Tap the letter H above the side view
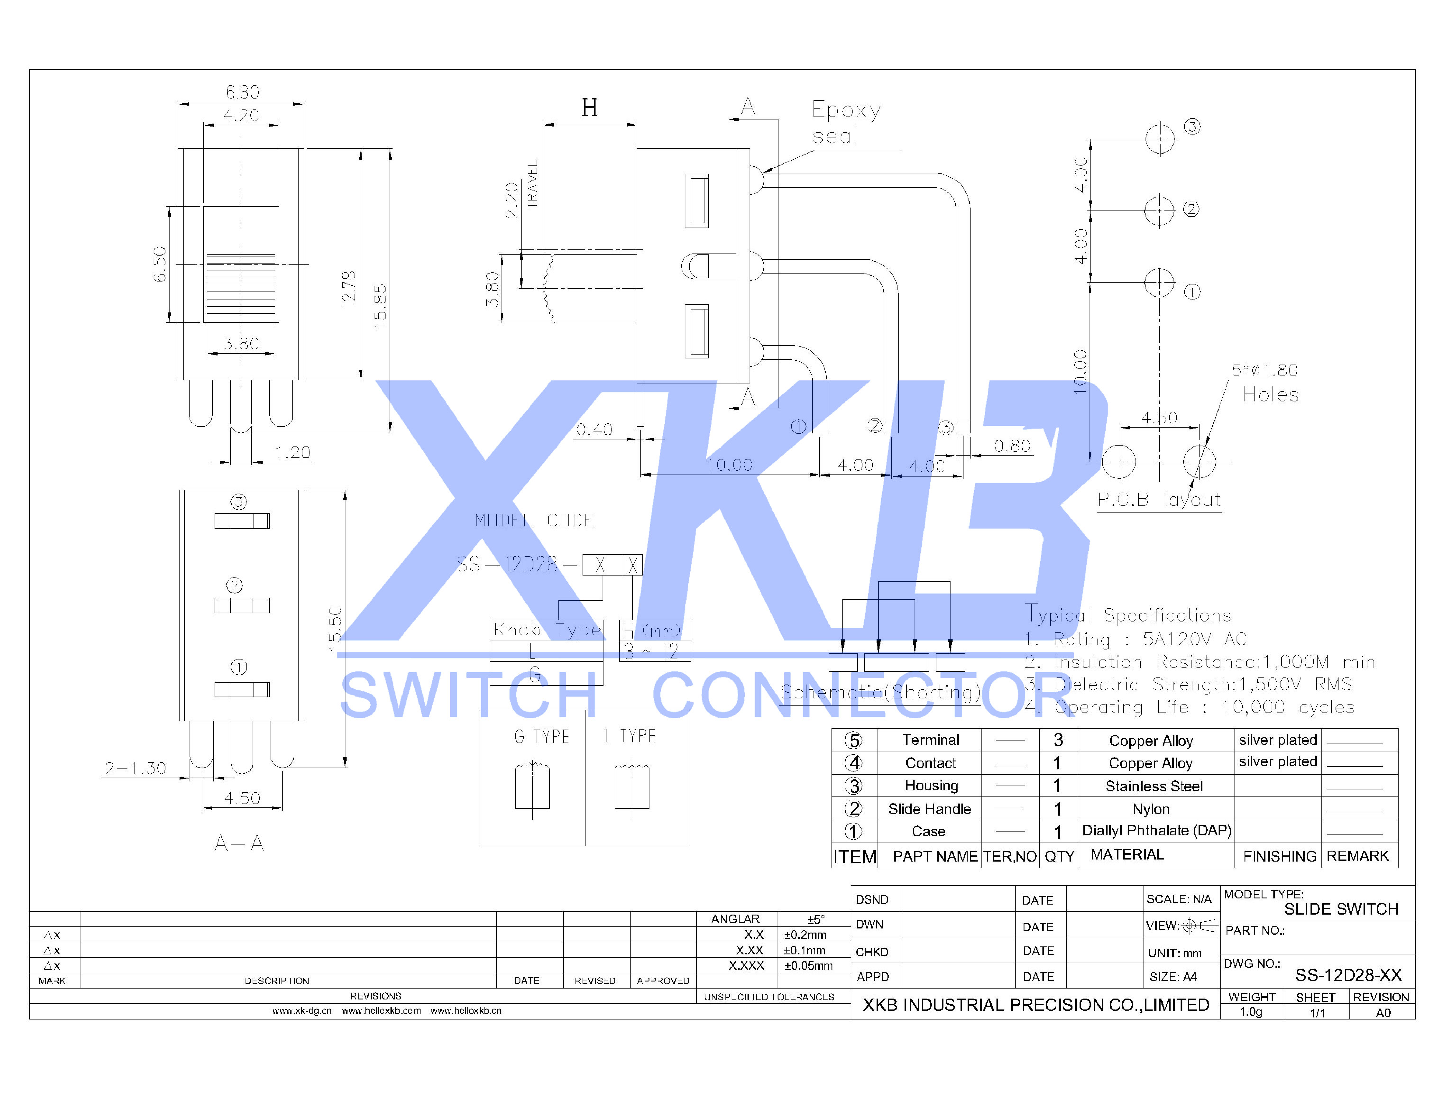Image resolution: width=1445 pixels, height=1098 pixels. tap(589, 107)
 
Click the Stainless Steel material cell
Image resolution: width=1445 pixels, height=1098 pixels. tap(1153, 786)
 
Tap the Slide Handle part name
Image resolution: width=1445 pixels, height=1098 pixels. tap(929, 809)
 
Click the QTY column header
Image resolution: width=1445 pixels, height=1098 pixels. tap(1059, 856)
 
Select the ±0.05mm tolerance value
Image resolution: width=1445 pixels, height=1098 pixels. tap(809, 966)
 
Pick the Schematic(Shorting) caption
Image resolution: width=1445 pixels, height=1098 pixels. tap(880, 692)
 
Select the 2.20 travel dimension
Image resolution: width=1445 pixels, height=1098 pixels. tap(512, 200)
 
